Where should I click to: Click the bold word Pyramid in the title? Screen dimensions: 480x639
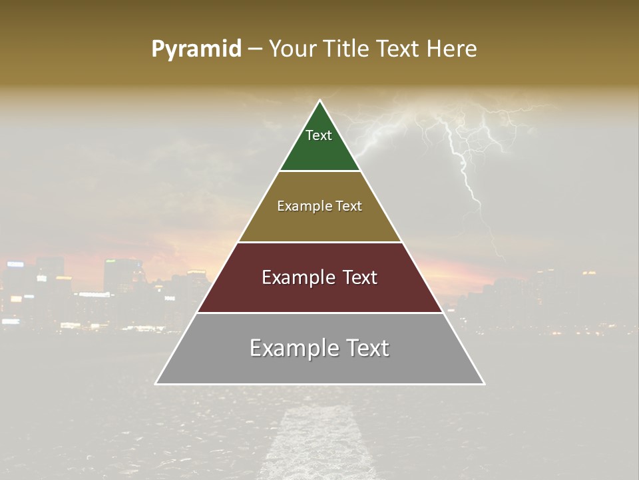[x=196, y=49]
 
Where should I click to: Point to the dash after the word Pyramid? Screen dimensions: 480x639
[x=255, y=49]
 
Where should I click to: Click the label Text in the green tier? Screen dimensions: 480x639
[x=319, y=135]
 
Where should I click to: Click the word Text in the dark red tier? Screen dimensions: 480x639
[x=357, y=277]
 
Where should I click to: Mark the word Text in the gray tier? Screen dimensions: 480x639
[x=366, y=348]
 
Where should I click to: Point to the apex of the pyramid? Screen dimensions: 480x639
[x=320, y=101]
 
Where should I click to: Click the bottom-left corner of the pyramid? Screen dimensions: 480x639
[x=156, y=383]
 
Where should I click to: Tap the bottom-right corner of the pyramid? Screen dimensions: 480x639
[x=484, y=383]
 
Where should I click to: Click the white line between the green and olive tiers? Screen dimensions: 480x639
[x=319, y=171]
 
